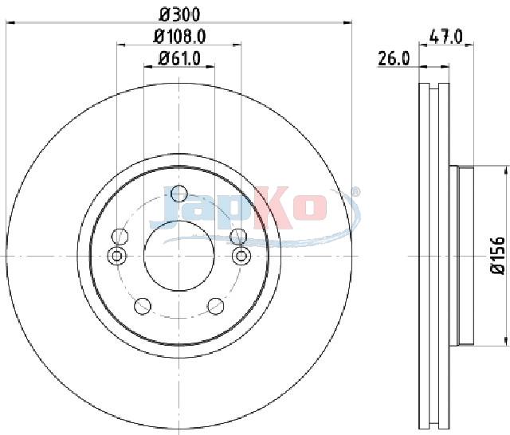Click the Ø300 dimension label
click(179, 14)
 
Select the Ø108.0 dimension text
click(180, 37)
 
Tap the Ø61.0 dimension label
click(179, 59)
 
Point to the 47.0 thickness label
click(446, 37)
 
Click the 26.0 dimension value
click(394, 59)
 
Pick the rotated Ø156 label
click(497, 255)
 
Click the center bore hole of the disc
click(178, 256)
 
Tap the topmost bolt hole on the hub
click(179, 194)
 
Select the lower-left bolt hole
click(143, 306)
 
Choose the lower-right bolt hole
click(216, 306)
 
